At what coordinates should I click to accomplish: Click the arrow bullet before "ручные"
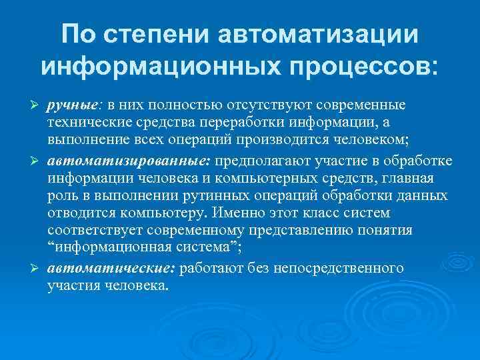37,107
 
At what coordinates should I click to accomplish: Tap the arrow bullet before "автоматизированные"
37,161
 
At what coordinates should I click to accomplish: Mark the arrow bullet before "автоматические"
37,269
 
